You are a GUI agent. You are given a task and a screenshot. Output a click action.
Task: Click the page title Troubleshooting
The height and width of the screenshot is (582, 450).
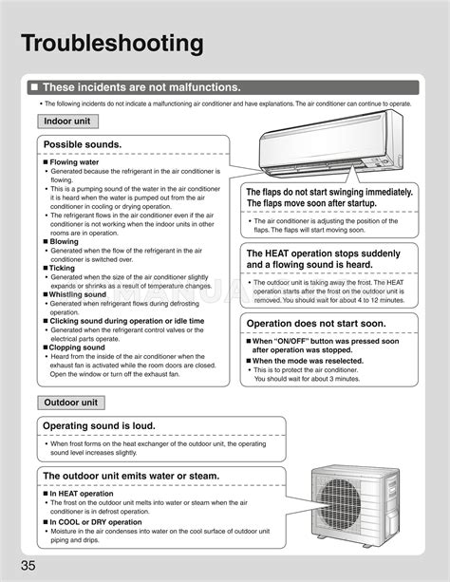(x=113, y=44)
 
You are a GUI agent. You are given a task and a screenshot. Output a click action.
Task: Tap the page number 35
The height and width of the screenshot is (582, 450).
(x=21, y=568)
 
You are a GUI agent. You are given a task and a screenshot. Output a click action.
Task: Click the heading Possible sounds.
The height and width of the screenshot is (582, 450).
(x=83, y=144)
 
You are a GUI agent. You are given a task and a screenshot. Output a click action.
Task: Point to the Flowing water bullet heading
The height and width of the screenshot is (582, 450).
(x=77, y=162)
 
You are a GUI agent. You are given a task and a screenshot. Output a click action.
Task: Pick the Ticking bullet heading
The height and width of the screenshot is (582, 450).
(x=64, y=268)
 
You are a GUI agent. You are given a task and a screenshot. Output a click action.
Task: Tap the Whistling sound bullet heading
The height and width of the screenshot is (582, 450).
(x=78, y=294)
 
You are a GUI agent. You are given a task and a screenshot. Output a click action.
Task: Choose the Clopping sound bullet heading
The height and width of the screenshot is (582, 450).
(x=78, y=347)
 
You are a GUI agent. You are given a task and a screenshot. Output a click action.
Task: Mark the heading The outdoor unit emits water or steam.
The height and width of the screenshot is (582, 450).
(x=131, y=476)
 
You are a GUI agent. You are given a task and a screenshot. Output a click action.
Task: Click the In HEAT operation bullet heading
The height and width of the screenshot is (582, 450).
(x=82, y=494)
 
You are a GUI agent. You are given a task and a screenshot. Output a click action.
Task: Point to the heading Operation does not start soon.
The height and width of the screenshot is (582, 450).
(x=316, y=323)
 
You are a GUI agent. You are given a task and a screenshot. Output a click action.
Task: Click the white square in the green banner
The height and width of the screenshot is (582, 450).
(x=34, y=87)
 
